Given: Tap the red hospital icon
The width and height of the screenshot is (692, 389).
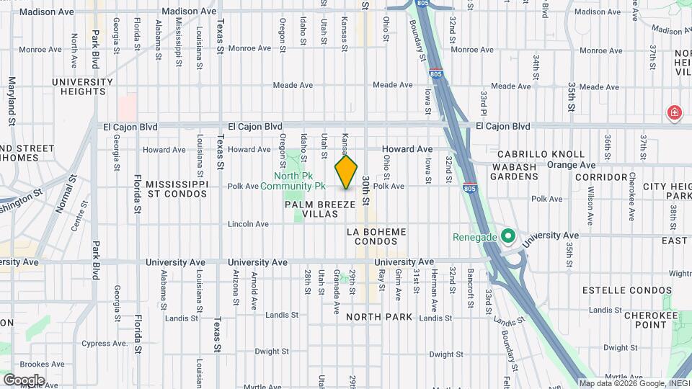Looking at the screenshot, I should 674,113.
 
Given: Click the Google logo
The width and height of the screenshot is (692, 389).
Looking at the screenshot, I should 23,380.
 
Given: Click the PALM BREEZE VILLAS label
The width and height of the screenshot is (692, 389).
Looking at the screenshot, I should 320,210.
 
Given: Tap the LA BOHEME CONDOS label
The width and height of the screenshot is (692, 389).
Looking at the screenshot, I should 376,236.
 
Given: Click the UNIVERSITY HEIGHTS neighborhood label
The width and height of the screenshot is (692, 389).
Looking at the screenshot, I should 83,86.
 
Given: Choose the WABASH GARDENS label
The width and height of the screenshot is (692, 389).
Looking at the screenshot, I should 515,171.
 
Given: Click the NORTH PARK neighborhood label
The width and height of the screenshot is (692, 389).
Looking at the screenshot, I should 378,317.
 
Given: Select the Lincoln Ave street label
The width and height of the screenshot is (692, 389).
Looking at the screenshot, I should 248,224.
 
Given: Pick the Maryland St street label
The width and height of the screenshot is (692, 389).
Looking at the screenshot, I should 12,101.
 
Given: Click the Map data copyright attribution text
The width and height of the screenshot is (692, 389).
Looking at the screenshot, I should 634,383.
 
